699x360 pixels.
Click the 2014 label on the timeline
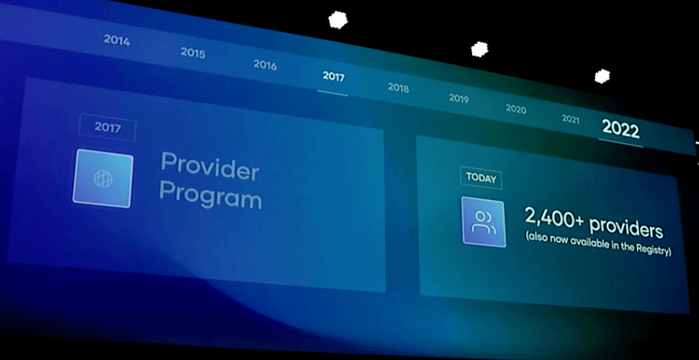pyautogui.click(x=117, y=41)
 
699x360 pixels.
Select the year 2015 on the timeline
pyautogui.click(x=193, y=53)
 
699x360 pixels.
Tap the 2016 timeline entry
pyautogui.click(x=266, y=65)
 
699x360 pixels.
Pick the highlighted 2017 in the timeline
pyautogui.click(x=333, y=76)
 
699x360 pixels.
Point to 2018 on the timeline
pyautogui.click(x=398, y=88)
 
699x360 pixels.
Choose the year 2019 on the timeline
pyautogui.click(x=458, y=98)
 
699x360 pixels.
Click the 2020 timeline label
pyautogui.click(x=516, y=109)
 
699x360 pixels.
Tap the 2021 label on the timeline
pyautogui.click(x=571, y=119)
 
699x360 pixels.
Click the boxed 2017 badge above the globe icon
pyautogui.click(x=107, y=127)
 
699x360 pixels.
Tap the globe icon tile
pyautogui.click(x=103, y=178)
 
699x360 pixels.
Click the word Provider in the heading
pyautogui.click(x=209, y=166)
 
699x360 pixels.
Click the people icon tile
pyautogui.click(x=484, y=222)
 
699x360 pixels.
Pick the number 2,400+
pyautogui.click(x=554, y=218)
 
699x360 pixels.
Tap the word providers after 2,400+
pyautogui.click(x=626, y=228)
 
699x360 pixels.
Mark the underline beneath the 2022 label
pyautogui.click(x=621, y=143)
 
